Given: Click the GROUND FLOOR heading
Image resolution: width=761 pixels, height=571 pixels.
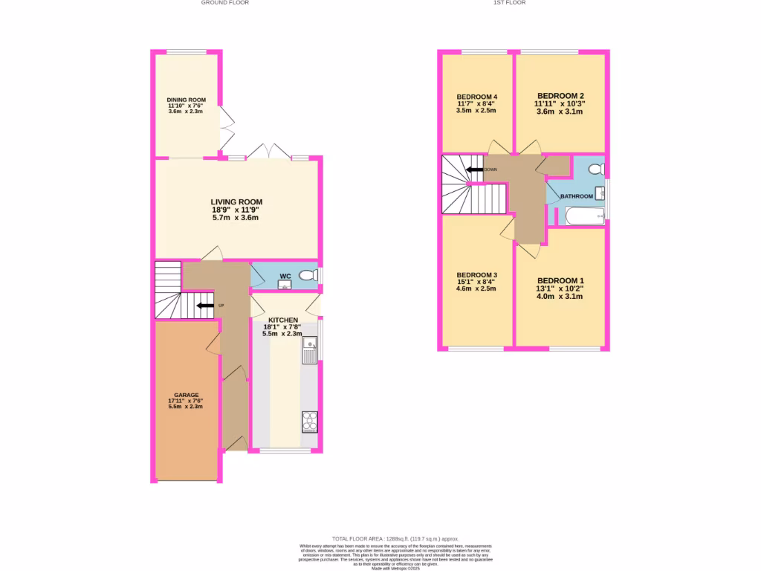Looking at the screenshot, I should click(224, 3).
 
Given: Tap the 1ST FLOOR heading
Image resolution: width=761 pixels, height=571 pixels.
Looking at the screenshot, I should click(509, 3).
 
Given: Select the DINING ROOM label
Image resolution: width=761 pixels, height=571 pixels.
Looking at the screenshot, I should click(186, 100).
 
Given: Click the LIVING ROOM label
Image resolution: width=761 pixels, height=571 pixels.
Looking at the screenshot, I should click(236, 201).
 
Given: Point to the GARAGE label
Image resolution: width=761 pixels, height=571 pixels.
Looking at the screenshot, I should click(187, 395).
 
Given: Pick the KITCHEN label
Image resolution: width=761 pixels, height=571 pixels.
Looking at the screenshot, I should click(282, 320).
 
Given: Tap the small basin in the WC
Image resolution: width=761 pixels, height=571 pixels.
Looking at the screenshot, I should click(284, 283).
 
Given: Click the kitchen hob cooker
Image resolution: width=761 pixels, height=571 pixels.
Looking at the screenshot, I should click(309, 422).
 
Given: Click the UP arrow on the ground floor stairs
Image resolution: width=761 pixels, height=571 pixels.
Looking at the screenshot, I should click(201, 305).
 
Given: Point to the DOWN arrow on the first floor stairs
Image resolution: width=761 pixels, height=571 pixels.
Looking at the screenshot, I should click(473, 170).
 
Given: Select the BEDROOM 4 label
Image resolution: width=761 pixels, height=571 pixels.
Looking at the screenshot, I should click(476, 97).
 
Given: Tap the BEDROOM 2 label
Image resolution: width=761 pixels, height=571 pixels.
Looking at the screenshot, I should click(560, 96).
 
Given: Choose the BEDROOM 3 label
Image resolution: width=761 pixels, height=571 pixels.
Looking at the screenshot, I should click(476, 275).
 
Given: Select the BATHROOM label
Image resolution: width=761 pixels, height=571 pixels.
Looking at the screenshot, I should click(577, 196).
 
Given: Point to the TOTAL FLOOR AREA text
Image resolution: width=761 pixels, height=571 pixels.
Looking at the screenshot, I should click(395, 538).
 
